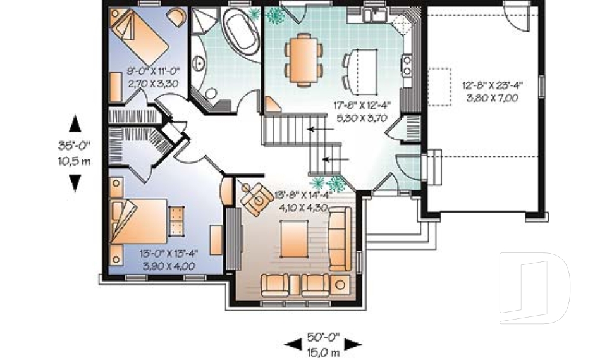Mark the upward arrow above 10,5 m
point(75,123)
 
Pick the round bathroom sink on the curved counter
point(200,63)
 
